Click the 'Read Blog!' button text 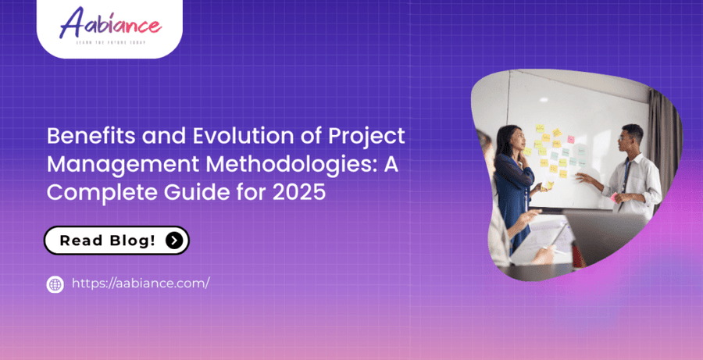coord(107,241)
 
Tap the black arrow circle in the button coord(174,241)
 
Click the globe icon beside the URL coord(55,284)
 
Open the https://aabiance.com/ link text coord(141,283)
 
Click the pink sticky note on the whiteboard coord(570,139)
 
